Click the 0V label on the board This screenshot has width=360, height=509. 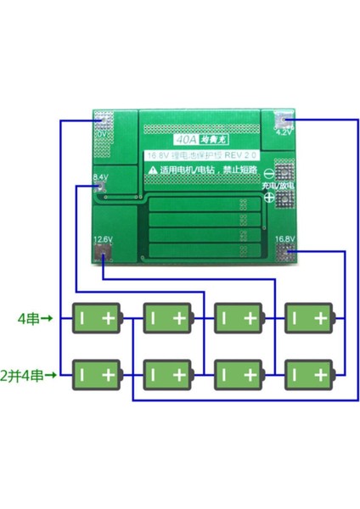pos(100,133)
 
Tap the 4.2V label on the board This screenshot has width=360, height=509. pos(284,132)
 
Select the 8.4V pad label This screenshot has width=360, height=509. pos(100,177)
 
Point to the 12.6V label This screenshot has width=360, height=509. pos(102,239)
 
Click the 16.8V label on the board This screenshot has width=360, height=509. pos(285,239)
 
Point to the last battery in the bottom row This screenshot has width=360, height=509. pos(311,373)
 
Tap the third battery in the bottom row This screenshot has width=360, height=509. pos(240,373)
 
